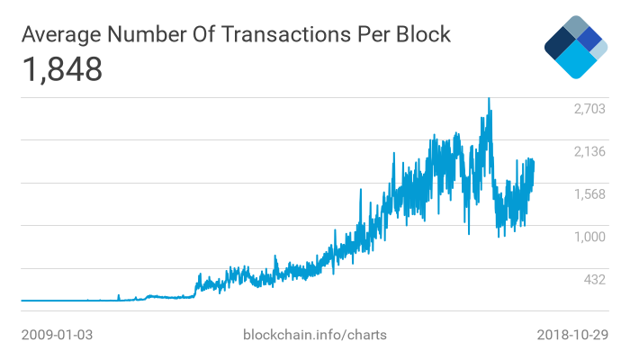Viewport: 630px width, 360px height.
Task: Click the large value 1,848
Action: [62, 69]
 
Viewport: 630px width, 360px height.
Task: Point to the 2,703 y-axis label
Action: [590, 109]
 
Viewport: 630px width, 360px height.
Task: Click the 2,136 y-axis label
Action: [590, 151]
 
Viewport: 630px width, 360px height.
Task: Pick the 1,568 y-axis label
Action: [590, 194]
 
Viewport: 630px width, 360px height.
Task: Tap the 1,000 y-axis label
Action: [590, 237]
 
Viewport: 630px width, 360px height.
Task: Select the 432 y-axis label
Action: [595, 280]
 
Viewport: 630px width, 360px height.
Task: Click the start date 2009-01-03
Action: [57, 335]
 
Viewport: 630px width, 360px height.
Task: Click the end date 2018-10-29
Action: [572, 335]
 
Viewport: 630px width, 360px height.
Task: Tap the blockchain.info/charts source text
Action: [315, 335]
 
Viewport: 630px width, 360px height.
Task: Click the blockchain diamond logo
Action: [576, 47]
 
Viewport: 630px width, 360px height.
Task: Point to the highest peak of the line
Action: [489, 99]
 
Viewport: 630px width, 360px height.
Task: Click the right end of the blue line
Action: [534, 162]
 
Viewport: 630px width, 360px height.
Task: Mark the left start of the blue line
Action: [22, 300]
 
